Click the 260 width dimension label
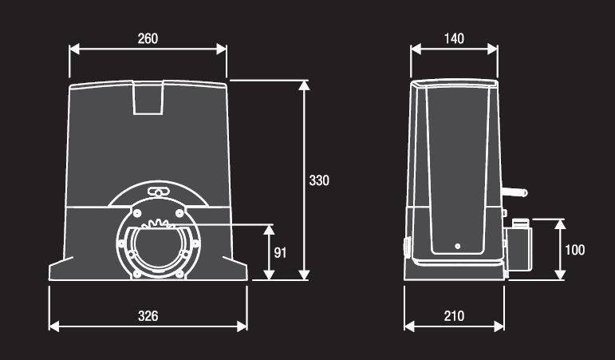(148, 38)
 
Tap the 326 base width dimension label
(148, 315)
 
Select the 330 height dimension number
(319, 180)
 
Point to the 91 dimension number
(280, 252)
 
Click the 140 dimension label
(454, 38)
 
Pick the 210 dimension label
(454, 315)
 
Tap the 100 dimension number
(574, 250)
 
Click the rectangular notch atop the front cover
(148, 97)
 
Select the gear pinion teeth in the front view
(158, 224)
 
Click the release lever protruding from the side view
(514, 192)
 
